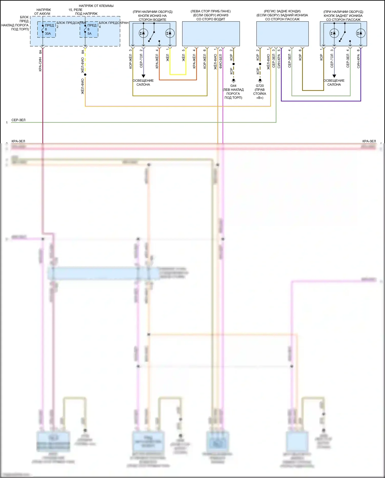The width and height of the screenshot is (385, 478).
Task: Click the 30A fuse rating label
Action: (48, 34)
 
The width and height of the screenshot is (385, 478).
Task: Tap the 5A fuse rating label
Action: (89, 34)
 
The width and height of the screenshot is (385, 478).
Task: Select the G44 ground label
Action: (233, 86)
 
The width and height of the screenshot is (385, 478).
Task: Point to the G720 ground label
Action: (260, 86)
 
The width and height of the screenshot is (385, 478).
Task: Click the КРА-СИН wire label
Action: (40, 64)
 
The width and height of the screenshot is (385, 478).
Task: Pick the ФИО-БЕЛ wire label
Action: (220, 61)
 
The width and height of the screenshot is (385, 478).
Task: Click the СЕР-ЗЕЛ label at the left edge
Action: (18, 120)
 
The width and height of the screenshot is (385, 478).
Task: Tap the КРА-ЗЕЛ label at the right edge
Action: (369, 141)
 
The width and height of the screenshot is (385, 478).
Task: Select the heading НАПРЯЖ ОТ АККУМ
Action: (43, 12)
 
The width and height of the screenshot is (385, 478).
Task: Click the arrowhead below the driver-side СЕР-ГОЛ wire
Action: (143, 76)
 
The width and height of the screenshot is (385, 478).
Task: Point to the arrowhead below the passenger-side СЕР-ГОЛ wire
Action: (334, 76)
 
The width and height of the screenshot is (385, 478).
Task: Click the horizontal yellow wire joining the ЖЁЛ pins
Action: (178, 74)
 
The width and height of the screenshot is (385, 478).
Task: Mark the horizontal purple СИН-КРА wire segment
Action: (321, 101)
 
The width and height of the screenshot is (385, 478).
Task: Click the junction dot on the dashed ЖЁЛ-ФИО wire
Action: (85, 74)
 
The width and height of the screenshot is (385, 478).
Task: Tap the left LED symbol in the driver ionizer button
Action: (143, 33)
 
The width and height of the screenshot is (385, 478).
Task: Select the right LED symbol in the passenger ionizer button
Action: (360, 33)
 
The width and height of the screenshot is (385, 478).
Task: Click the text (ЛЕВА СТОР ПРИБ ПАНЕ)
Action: (210, 11)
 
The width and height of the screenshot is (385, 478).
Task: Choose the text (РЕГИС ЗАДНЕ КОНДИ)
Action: (282, 11)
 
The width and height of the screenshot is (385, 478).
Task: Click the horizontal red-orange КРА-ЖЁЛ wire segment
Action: (178, 80)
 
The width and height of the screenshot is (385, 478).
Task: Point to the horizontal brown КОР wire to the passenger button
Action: (313, 90)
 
